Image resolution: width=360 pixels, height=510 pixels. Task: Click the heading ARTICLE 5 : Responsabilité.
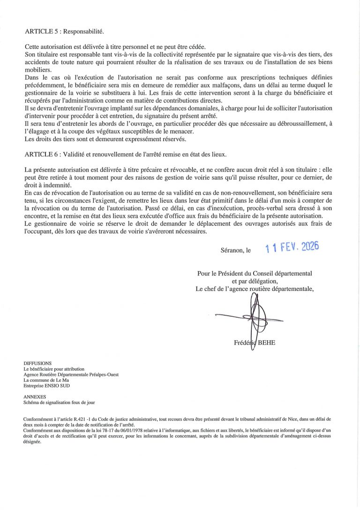tap(64, 31)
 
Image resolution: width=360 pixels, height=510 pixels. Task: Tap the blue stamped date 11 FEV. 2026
tap(292, 248)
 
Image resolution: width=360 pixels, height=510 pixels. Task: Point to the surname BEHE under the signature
tap(266, 343)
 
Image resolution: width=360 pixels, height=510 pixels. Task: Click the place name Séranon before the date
tap(232, 251)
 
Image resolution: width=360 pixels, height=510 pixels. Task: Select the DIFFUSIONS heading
tap(37, 363)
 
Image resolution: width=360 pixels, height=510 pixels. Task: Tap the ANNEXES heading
tap(35, 396)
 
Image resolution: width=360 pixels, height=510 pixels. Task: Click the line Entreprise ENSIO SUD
tap(47, 386)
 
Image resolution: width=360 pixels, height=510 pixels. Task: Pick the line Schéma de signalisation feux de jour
tap(59, 402)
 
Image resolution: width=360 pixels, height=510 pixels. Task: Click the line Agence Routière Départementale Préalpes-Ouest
tap(71, 374)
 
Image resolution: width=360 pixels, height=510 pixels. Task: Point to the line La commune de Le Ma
tap(46, 380)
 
